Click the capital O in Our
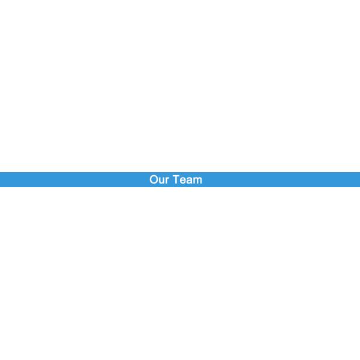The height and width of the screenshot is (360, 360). coord(154,179)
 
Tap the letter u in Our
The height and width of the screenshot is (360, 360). coord(162,180)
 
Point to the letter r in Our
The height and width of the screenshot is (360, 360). coord(167,180)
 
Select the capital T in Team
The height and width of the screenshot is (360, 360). coord(176,179)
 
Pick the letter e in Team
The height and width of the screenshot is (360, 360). coord(183,180)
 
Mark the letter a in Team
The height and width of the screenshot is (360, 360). coord(190,180)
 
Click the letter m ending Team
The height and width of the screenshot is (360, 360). coord(198,180)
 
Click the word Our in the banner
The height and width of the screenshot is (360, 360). coord(160,179)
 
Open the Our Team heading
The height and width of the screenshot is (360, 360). coord(176,179)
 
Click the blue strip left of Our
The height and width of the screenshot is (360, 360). coord(72,179)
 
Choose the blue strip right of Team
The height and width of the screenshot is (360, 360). coord(282,179)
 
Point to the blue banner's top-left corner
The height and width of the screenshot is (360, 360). coord(1,173)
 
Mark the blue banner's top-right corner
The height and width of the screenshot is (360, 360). coord(359,173)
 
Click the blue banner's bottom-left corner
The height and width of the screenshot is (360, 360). coord(1,186)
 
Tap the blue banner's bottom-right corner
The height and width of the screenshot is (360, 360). coord(359,186)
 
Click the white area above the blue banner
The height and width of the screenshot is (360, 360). coord(180,84)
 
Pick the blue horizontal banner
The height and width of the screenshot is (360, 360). coord(270,179)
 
